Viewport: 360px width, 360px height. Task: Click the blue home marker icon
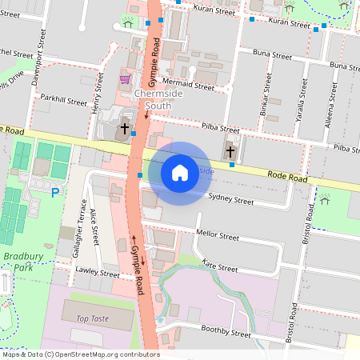pos(180,173)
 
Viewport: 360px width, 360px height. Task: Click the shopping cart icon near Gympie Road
pos(125,79)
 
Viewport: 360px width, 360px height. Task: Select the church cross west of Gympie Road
pos(124,128)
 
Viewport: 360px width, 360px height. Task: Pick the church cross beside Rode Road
pos(230,150)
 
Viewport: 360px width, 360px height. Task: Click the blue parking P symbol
pos(55,192)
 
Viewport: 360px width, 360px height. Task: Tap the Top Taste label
pos(92,318)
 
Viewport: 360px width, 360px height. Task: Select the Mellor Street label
pos(218,237)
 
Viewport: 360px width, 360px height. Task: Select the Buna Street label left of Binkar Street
pos(271,56)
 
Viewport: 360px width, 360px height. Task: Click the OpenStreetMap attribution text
pos(80,354)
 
